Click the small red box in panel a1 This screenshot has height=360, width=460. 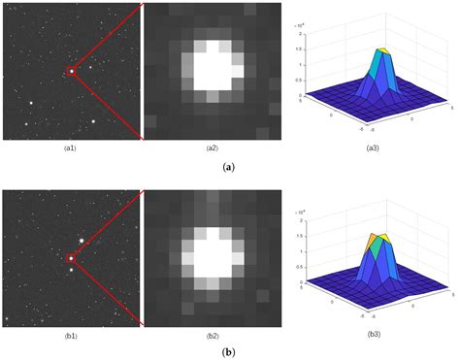[x=71, y=70]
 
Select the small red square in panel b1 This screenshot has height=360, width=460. [x=71, y=258]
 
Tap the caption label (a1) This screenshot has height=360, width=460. [x=71, y=147]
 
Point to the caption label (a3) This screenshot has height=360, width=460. [x=376, y=147]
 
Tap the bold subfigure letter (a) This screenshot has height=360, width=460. [x=229, y=167]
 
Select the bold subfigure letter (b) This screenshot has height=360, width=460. [x=229, y=353]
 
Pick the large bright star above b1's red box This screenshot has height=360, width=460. [x=82, y=240]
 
